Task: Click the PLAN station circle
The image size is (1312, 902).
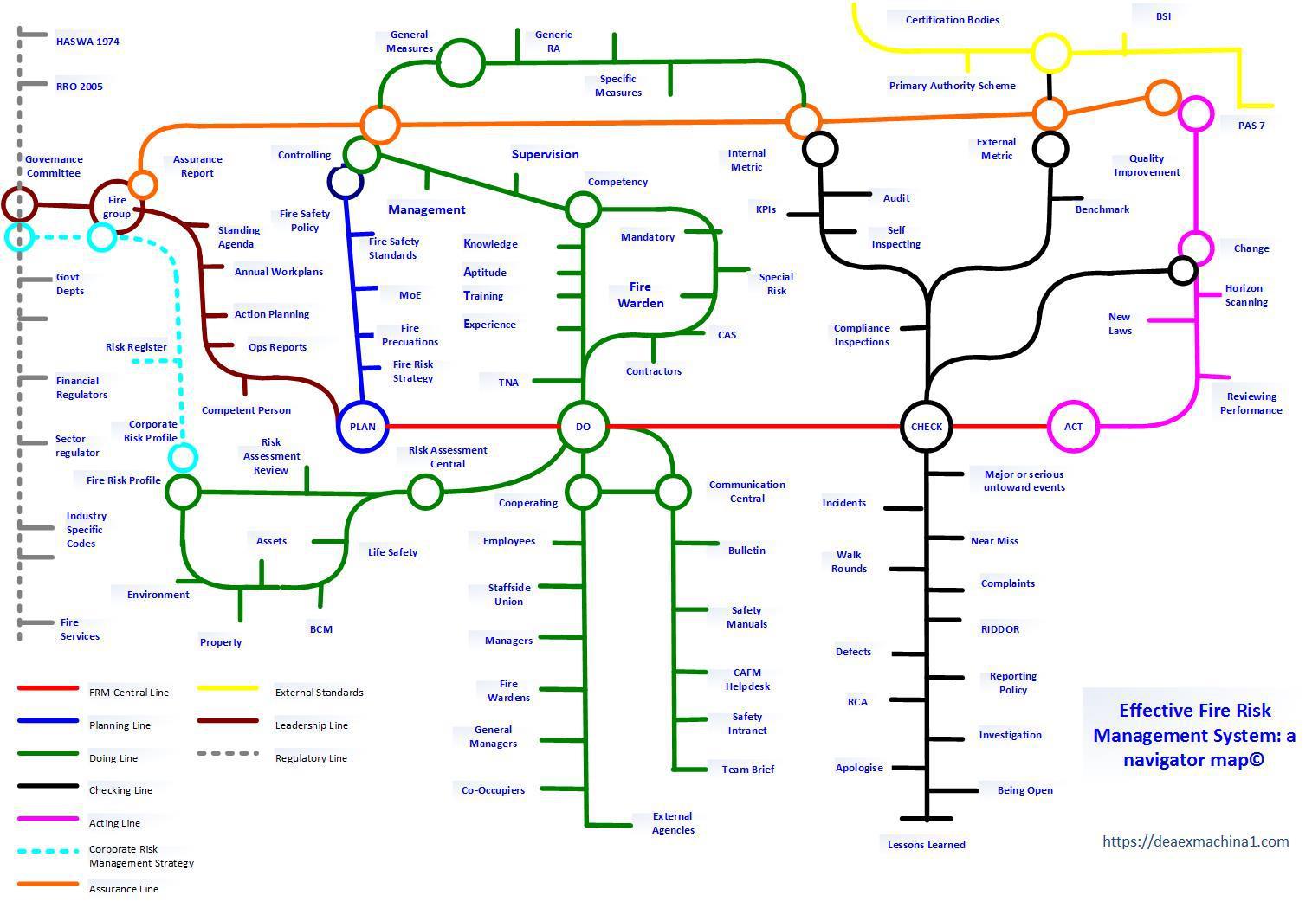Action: (363, 426)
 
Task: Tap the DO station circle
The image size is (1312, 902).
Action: (583, 426)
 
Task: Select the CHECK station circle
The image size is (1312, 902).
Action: (927, 426)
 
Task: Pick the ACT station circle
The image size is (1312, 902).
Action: (1073, 426)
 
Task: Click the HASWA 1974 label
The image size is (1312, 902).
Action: (87, 42)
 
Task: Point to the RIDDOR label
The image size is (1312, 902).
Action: (1000, 629)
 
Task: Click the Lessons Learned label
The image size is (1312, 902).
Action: (926, 845)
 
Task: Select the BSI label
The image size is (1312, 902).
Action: (1163, 16)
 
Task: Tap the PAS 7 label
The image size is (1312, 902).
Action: (1251, 126)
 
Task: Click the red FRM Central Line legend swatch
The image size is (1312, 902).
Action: (48, 688)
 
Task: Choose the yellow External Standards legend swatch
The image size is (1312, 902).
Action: (228, 688)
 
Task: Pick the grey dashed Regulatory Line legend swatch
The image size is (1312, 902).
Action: (228, 754)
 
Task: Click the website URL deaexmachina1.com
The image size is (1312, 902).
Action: (1195, 841)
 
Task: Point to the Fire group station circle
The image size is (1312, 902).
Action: (117, 207)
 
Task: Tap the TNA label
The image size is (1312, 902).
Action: (508, 383)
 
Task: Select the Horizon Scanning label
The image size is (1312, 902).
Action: (1245, 295)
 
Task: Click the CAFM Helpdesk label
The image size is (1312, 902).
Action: (746, 680)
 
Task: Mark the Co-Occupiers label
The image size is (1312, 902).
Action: (493, 790)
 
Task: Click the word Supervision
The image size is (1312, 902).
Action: (545, 155)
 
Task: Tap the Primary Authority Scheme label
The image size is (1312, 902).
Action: (952, 86)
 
